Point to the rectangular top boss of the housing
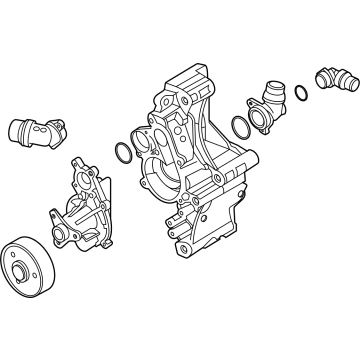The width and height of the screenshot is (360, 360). [x=191, y=80]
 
